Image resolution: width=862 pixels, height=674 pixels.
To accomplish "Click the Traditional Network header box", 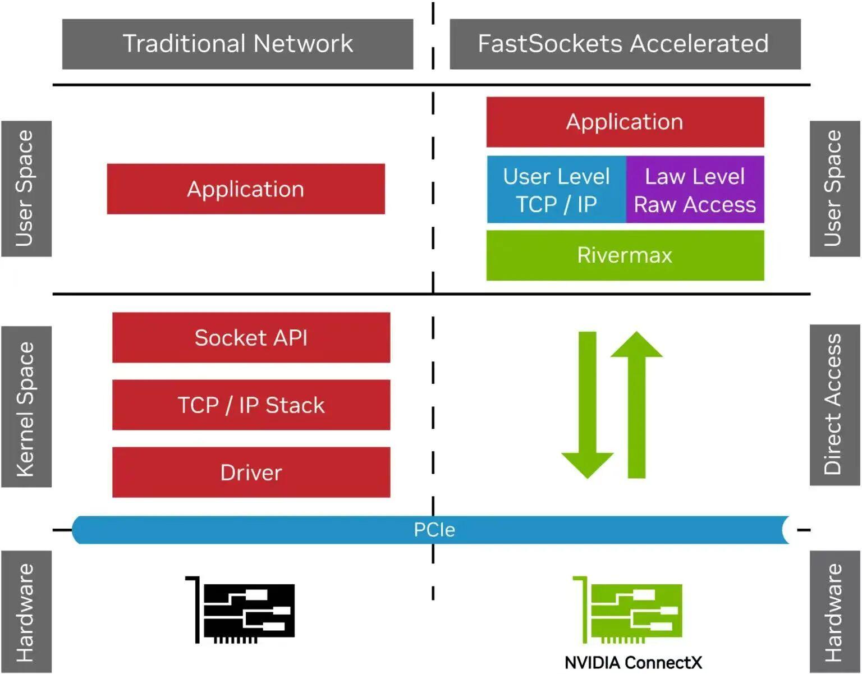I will [x=237, y=44].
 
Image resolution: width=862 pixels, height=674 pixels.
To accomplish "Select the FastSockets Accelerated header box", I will [x=625, y=44].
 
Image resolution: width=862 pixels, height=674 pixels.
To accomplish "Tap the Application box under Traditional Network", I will [x=246, y=189].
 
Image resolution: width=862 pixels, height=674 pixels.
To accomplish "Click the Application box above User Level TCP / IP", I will [x=625, y=122].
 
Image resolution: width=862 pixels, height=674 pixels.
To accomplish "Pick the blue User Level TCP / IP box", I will [x=556, y=190].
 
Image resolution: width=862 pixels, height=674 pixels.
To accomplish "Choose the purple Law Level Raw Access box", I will [x=695, y=190].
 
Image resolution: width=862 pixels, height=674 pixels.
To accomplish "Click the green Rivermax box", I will [x=625, y=255].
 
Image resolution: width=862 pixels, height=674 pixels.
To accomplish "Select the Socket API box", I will [x=251, y=338].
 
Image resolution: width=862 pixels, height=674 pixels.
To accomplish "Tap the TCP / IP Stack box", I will [x=251, y=405].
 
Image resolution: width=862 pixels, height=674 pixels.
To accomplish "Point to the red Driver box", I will [x=251, y=473].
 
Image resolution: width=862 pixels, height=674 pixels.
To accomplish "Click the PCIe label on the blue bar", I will [x=434, y=530].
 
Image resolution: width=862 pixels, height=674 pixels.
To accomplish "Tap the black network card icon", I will [x=242, y=611].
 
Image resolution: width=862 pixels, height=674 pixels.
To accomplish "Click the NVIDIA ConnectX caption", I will [x=632, y=663].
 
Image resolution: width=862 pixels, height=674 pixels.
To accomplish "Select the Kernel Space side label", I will [x=26, y=407].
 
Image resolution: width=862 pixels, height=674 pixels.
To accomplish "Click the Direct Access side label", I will [x=834, y=405].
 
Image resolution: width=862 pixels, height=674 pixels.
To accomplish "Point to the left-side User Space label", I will [x=26, y=189].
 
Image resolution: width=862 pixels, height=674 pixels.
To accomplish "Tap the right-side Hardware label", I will [x=834, y=612].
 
